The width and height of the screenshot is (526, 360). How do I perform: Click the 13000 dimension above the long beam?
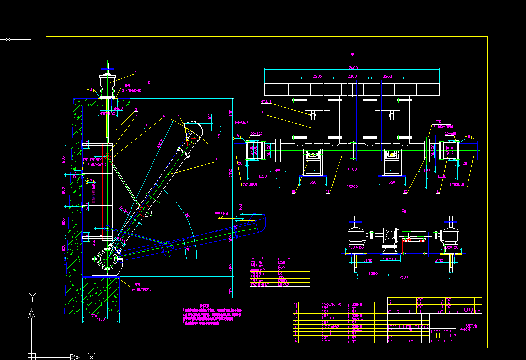[352, 68]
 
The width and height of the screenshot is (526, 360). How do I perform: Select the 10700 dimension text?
[352, 186]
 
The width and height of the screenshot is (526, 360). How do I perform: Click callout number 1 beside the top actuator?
[136, 72]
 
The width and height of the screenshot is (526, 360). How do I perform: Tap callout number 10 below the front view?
[294, 191]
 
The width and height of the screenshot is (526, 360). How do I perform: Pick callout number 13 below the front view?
[438, 192]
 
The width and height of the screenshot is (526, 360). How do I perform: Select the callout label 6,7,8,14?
[267, 102]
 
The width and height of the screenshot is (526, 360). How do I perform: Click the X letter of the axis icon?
[91, 356]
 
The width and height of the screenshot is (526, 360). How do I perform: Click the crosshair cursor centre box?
[8, 39]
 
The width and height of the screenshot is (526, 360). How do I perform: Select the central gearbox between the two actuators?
[390, 236]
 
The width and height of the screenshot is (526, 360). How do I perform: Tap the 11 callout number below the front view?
[327, 192]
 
